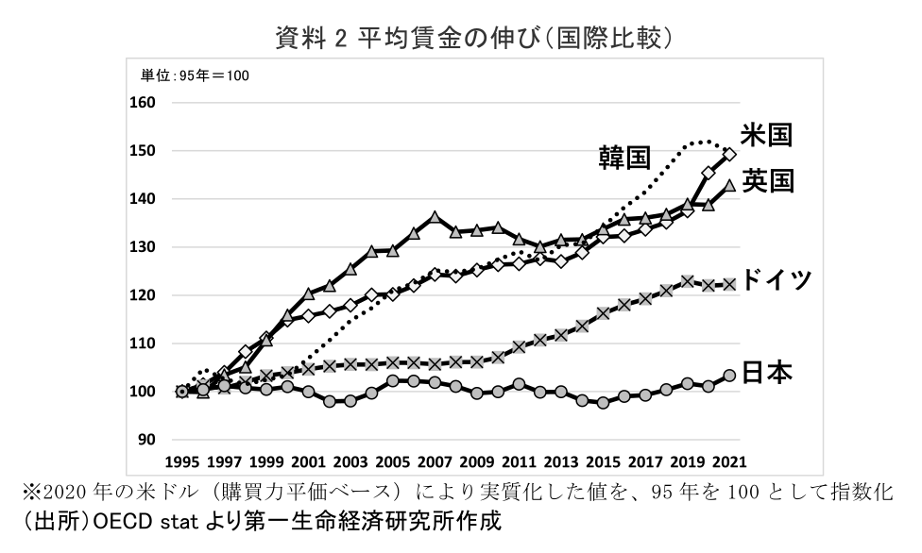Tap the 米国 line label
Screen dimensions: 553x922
coord(765,135)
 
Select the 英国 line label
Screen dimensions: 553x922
coord(766,180)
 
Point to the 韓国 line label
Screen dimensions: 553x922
coord(624,158)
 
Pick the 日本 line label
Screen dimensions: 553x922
coord(766,373)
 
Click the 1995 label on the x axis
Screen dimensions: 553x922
coord(182,462)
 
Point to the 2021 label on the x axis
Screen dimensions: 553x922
coord(729,462)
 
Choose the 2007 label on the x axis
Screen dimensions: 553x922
coord(435,462)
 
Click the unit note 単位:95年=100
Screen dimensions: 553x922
coord(196,75)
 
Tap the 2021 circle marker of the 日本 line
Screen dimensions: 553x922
coord(729,376)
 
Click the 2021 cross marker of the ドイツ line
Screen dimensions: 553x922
coord(729,284)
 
